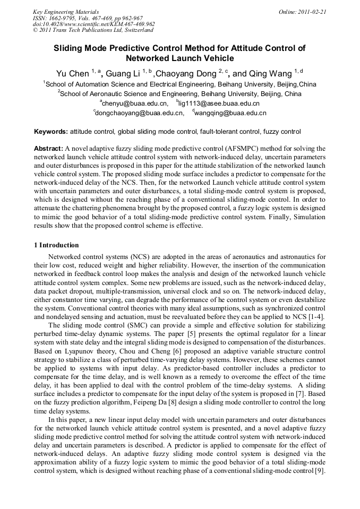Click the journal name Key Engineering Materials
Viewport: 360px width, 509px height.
[x=66, y=11]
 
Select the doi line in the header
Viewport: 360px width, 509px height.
[x=93, y=24]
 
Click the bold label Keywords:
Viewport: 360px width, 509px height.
[x=51, y=132]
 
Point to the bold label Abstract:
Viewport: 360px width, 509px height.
[x=49, y=149]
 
